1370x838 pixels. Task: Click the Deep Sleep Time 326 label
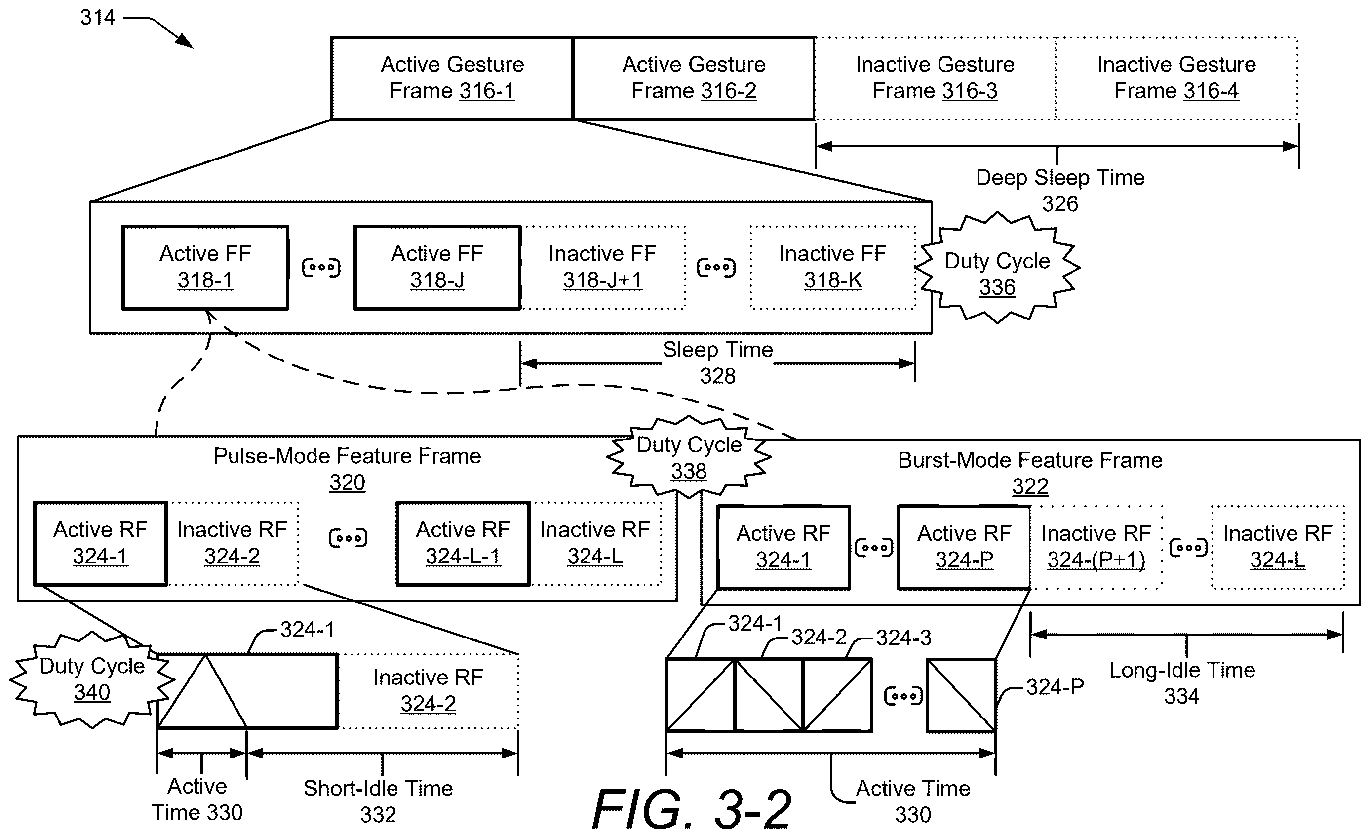click(x=1060, y=191)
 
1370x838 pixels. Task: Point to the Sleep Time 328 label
click(x=718, y=362)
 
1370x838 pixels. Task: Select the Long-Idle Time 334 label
click(x=1182, y=683)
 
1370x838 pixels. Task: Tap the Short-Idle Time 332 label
click(x=378, y=801)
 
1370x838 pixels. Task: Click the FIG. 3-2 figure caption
click(x=692, y=808)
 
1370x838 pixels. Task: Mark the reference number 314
click(x=98, y=17)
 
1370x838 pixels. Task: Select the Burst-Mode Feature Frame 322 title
click(x=1030, y=473)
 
